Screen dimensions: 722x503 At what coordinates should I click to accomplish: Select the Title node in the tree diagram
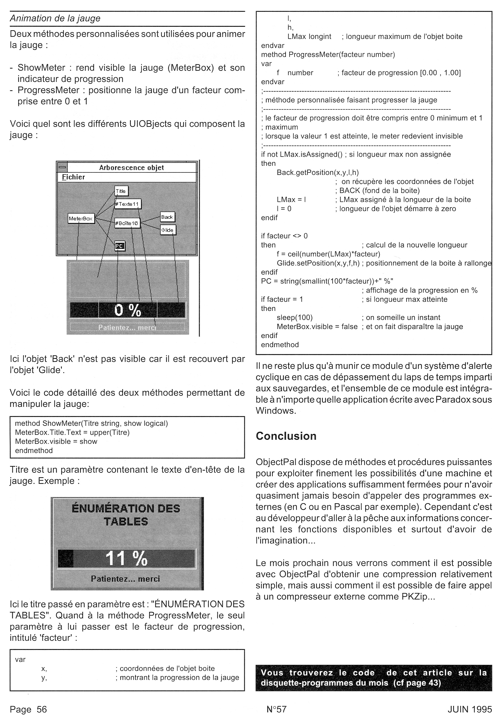click(121, 191)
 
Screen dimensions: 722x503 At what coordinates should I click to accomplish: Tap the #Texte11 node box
click(128, 204)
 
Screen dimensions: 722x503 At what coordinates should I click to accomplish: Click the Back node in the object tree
click(167, 217)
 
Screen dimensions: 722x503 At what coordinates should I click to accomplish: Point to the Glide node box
click(168, 230)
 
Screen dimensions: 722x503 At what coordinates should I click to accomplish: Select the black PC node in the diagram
click(120, 246)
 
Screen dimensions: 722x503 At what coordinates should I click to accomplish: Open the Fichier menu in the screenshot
click(73, 177)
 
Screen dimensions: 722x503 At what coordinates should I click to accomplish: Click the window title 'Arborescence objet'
click(131, 168)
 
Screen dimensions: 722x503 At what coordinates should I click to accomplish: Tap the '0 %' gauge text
click(127, 310)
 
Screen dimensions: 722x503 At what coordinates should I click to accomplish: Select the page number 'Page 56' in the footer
click(28, 709)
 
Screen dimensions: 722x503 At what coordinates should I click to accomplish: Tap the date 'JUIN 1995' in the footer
click(470, 709)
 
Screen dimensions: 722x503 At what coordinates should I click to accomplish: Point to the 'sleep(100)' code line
click(295, 318)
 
